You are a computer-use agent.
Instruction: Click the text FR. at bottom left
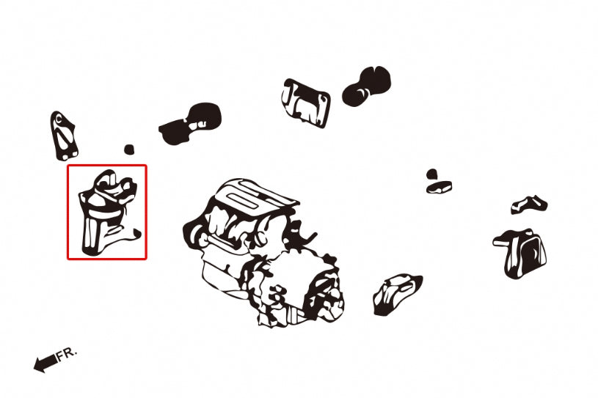[65, 354]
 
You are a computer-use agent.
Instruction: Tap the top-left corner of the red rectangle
[68, 165]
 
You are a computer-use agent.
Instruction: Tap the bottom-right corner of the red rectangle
[146, 258]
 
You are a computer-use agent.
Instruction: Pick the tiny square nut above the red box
[129, 149]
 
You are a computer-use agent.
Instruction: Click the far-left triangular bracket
[65, 137]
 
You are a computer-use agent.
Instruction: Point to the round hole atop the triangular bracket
[56, 118]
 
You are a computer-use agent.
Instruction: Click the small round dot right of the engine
[432, 174]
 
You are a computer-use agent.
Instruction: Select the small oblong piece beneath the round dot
[439, 187]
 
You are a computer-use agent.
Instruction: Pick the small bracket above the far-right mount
[528, 204]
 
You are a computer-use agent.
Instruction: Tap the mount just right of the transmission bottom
[396, 294]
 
